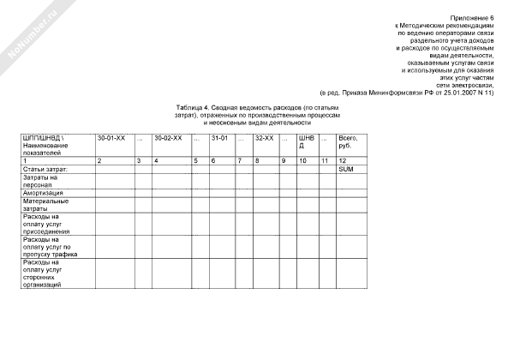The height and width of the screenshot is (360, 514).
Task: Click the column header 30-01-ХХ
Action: click(111, 138)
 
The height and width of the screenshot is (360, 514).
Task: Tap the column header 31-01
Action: click(218, 138)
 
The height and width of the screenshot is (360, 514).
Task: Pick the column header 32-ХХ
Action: click(264, 138)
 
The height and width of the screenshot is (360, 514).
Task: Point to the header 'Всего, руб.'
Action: click(349, 141)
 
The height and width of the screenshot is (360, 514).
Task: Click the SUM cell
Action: click(346, 170)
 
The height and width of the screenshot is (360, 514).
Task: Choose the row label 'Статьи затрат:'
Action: click(45, 170)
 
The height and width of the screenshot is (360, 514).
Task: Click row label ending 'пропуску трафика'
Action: click(47, 247)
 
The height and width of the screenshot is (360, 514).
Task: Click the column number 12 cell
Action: click(343, 161)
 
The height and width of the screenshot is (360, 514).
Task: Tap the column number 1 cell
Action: click(26, 161)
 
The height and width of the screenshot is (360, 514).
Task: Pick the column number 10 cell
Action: click(302, 161)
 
